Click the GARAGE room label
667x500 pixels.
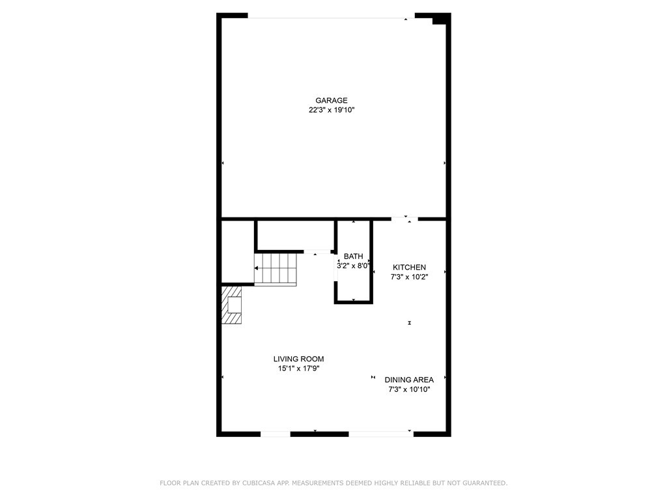click(x=332, y=100)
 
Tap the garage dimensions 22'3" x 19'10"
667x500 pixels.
click(x=332, y=110)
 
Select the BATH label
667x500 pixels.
click(x=354, y=257)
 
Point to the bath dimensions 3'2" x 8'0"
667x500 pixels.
click(x=353, y=266)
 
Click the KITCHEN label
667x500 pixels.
click(x=409, y=268)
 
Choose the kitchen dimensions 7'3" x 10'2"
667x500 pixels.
click(x=409, y=277)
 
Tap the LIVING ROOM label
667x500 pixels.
click(x=298, y=359)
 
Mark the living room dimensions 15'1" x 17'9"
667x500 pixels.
click(x=298, y=368)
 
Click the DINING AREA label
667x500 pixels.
click(x=409, y=380)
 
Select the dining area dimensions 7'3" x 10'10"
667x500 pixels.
click(x=409, y=389)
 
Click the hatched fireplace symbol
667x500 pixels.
click(x=232, y=305)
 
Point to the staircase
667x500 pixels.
click(x=276, y=270)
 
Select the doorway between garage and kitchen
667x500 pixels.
click(x=404, y=219)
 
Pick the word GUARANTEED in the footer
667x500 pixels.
click(x=485, y=483)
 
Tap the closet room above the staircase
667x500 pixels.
click(x=296, y=236)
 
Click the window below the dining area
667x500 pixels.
click(x=381, y=434)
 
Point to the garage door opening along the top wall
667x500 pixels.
click(x=332, y=18)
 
